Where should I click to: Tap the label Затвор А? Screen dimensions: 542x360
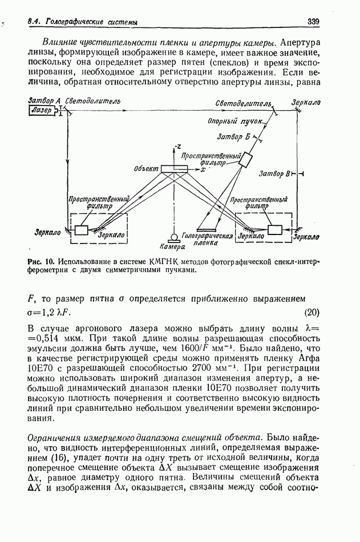click(x=44, y=101)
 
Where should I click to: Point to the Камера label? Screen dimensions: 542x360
click(x=172, y=248)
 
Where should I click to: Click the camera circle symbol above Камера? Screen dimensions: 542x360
click(x=173, y=236)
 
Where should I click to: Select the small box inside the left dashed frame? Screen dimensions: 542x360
click(x=80, y=230)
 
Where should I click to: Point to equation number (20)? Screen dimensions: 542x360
click(x=313, y=312)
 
